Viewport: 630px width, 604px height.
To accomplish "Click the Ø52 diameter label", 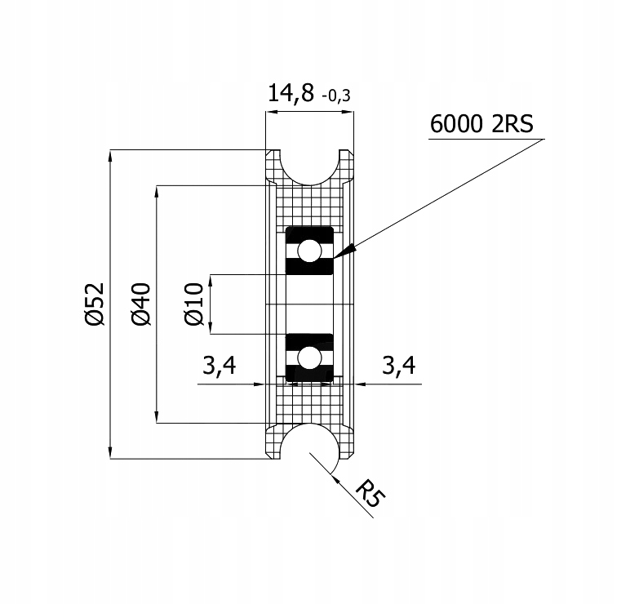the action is [95, 304].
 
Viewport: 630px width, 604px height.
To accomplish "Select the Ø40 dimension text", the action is [140, 304].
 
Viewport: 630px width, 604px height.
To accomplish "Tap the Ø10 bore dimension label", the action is [193, 304].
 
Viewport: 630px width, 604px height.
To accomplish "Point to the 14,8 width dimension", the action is [291, 94].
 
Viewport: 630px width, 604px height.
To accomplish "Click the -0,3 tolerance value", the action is [336, 96].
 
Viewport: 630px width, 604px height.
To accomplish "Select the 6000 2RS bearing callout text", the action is [481, 123].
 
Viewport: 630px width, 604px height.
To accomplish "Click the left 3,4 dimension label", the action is [219, 366].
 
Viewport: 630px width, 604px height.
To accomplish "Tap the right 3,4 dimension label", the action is [398, 366].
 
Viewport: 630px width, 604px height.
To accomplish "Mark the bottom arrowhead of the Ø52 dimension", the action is [110, 452].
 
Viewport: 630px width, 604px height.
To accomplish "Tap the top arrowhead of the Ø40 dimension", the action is [157, 192].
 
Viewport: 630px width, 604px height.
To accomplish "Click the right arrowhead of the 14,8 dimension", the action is [348, 112].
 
